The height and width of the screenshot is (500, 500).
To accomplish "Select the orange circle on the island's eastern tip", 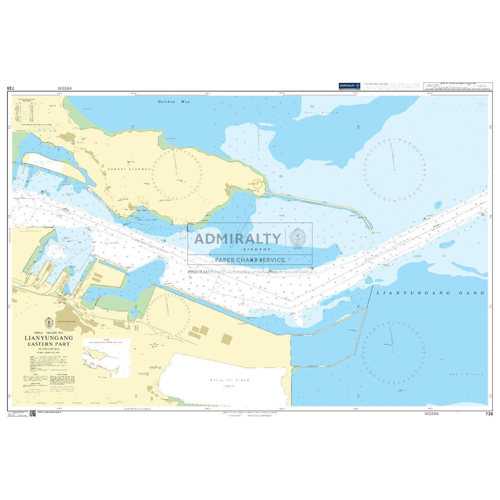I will click(x=257, y=184).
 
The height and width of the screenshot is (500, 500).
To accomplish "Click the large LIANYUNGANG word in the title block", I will click(x=49, y=338).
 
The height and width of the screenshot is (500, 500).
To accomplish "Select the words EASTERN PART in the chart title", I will click(x=48, y=344).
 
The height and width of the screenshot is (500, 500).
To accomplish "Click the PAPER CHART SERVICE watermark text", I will click(x=250, y=260).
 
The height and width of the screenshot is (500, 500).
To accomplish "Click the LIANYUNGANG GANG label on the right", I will click(x=430, y=293).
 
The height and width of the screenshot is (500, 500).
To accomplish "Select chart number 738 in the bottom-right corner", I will click(x=489, y=414).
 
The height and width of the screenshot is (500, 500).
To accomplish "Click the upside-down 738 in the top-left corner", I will click(x=11, y=88).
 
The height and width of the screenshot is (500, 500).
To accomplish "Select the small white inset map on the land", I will click(x=106, y=357).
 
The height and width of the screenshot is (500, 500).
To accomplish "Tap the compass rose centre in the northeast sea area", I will click(x=394, y=170).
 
